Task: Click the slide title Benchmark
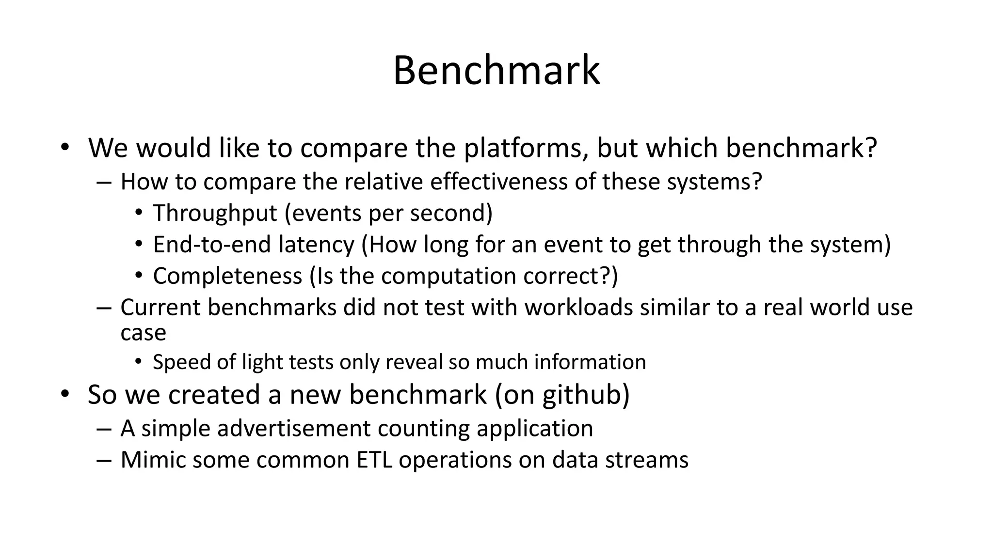(496, 71)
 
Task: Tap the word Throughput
(215, 213)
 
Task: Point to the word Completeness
(227, 276)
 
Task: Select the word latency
(316, 244)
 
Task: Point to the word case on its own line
(143, 333)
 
